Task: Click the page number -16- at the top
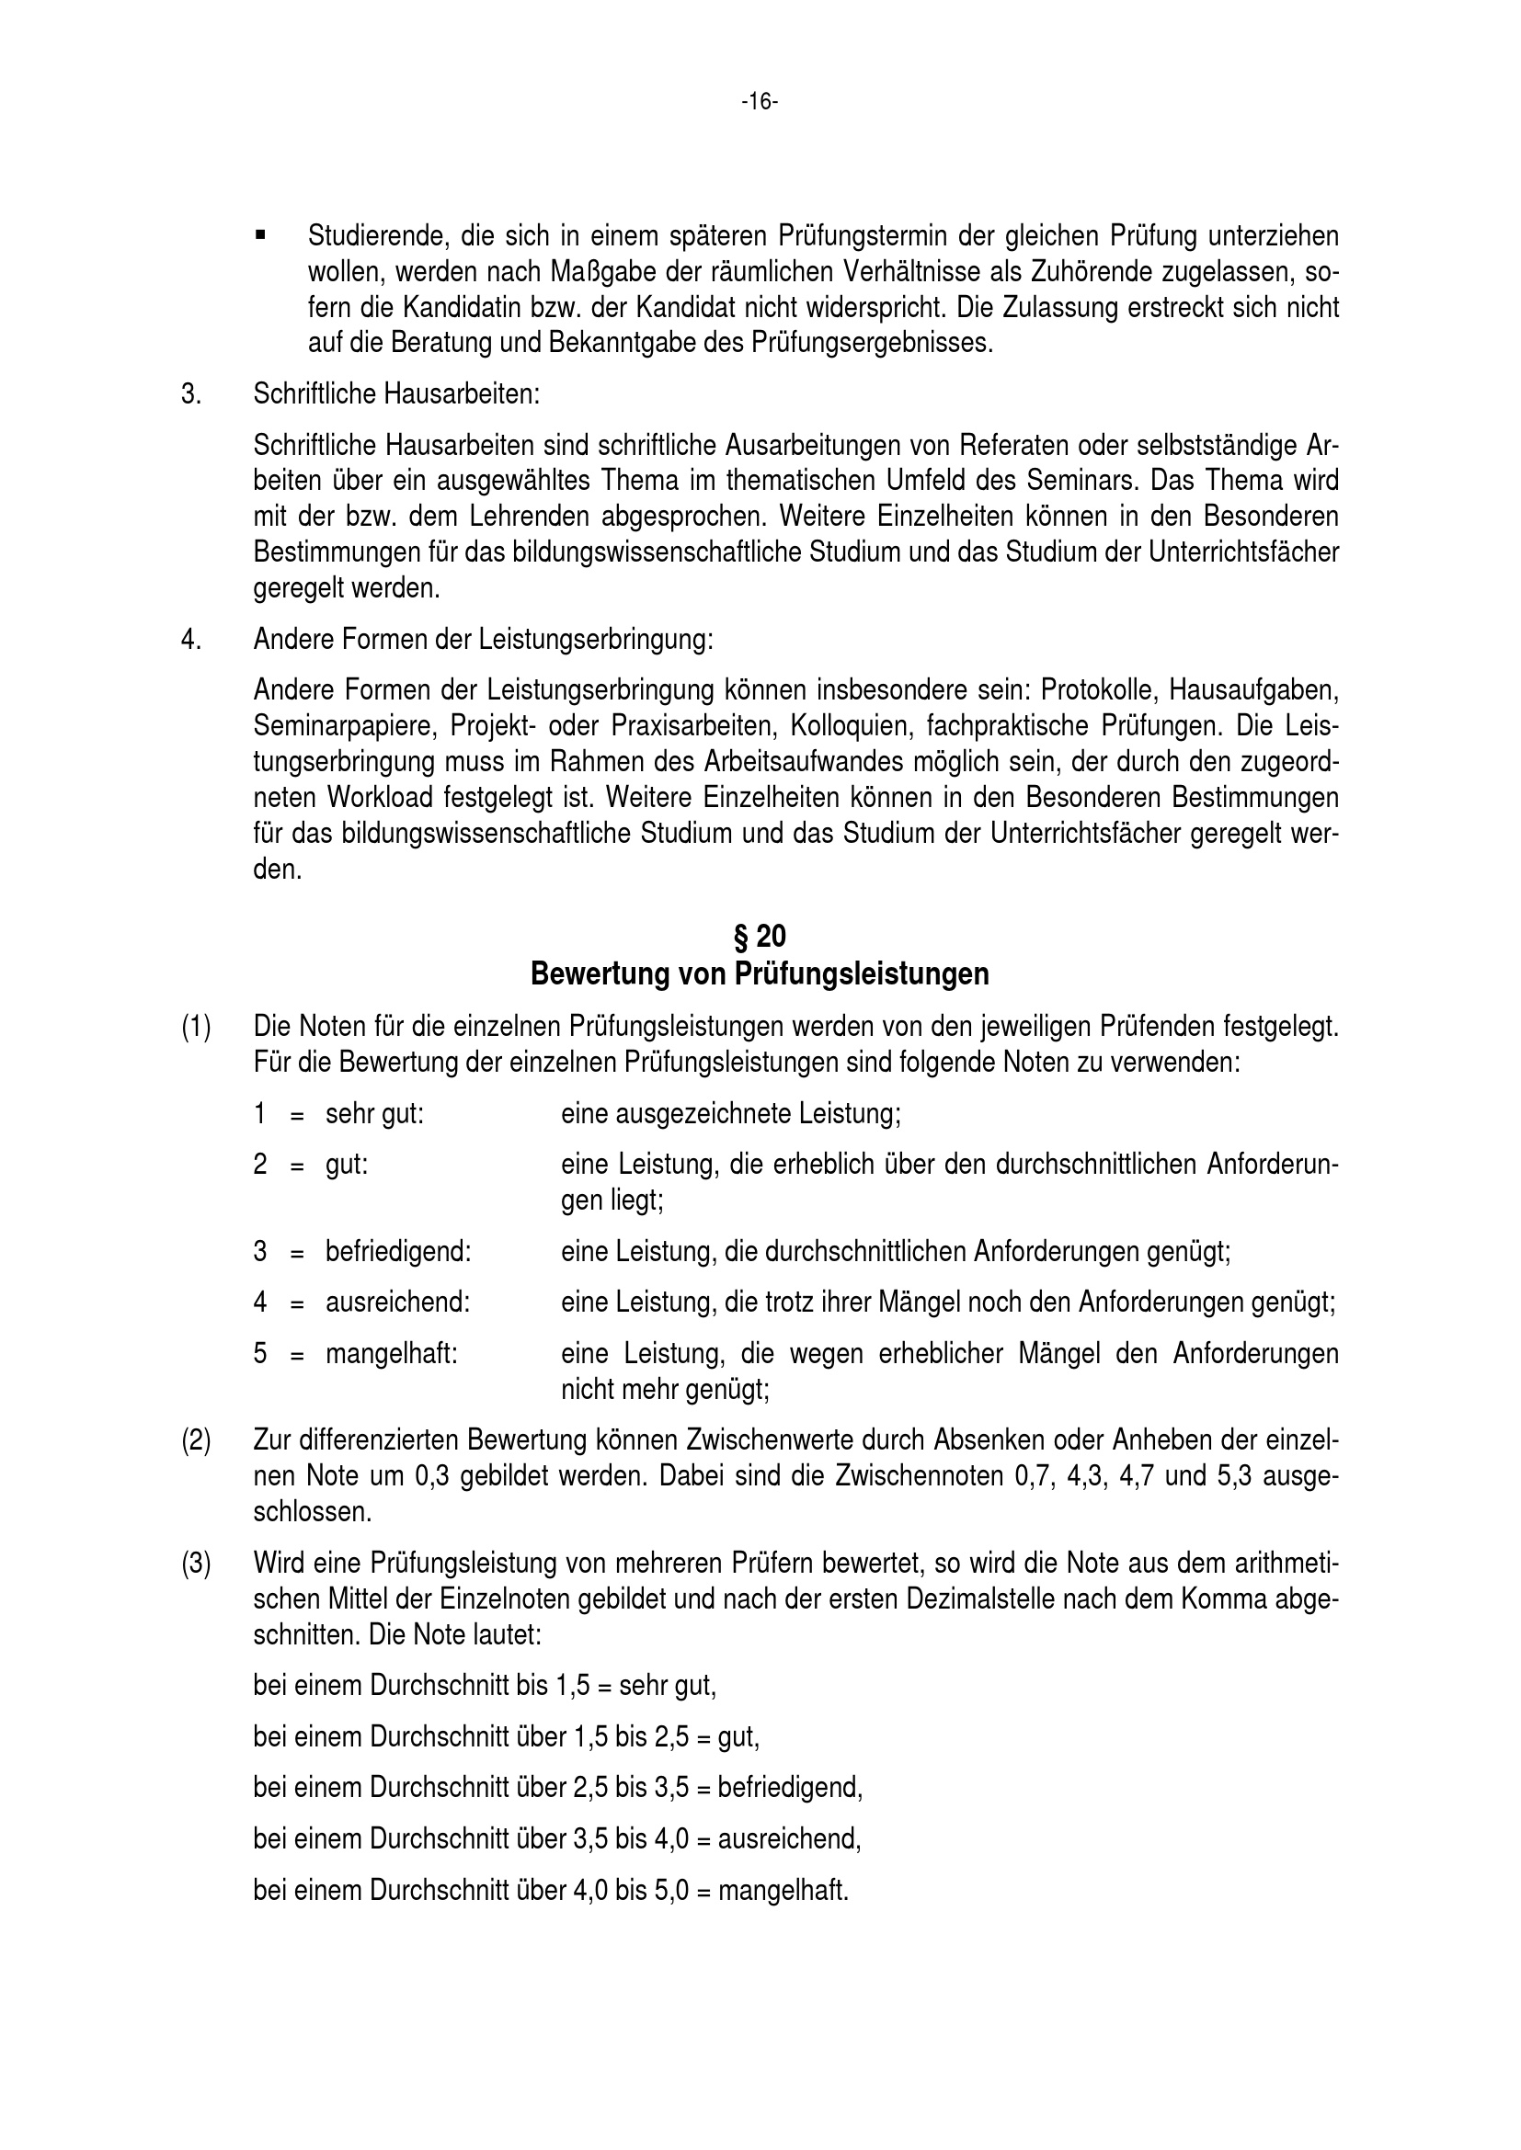pos(760,102)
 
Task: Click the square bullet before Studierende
pos(260,233)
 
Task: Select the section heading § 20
pos(760,936)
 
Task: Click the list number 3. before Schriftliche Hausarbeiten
pos(191,393)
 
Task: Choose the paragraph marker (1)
pos(196,1028)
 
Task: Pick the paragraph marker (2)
pos(196,1439)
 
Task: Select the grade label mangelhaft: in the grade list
pos(392,1354)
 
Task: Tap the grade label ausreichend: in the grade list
pos(398,1303)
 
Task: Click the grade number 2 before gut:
pos(260,1165)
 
